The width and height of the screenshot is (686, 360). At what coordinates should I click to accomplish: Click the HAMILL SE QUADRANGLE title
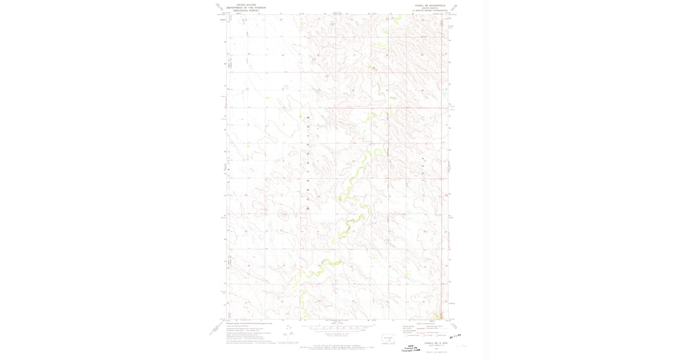[x=428, y=5]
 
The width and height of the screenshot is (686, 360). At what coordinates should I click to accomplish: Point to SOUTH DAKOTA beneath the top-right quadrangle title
[x=428, y=8]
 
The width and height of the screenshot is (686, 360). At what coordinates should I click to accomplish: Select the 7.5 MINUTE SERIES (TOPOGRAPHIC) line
[x=428, y=11]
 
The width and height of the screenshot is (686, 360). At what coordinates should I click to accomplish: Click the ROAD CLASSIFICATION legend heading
[x=423, y=323]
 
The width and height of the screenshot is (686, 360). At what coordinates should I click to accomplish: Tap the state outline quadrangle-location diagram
[x=389, y=339]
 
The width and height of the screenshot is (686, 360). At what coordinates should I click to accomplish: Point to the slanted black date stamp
[x=457, y=338]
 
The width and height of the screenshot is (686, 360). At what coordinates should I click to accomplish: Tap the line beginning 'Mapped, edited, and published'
[x=249, y=323]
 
